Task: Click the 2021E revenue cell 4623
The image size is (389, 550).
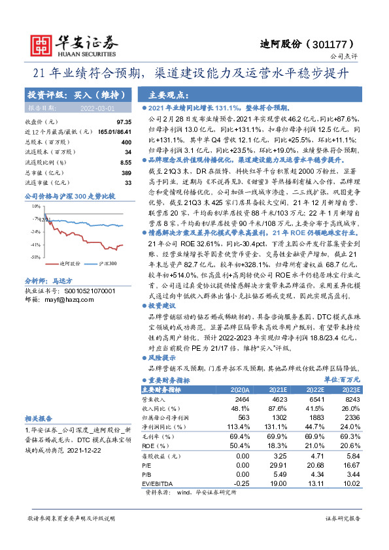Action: pyautogui.click(x=280, y=398)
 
